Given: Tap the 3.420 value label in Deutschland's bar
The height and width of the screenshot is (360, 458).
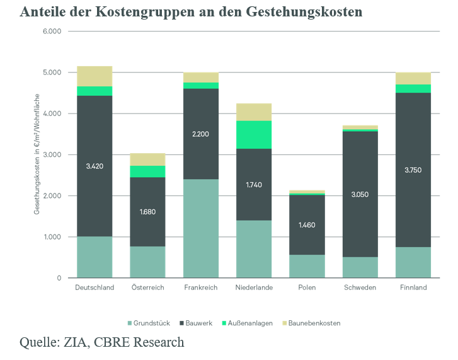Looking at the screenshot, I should pyautogui.click(x=94, y=166).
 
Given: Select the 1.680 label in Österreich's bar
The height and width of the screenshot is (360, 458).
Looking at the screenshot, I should pyautogui.click(x=148, y=212).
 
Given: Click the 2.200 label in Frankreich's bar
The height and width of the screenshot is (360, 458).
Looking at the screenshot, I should pyautogui.click(x=201, y=134).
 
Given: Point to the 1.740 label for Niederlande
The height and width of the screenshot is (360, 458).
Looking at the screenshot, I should pyautogui.click(x=254, y=185).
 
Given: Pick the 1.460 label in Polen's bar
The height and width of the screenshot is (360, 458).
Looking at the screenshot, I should pyautogui.click(x=307, y=225).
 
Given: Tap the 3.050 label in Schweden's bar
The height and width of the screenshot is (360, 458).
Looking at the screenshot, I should pyautogui.click(x=360, y=195).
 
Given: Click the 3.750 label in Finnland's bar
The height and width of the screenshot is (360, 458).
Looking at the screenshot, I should pyautogui.click(x=413, y=170).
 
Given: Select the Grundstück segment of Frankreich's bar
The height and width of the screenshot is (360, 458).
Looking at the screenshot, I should pyautogui.click(x=201, y=229).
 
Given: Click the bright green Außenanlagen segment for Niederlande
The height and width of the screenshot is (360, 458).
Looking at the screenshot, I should pyautogui.click(x=254, y=134).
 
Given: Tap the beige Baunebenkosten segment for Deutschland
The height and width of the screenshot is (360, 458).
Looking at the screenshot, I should pyautogui.click(x=94, y=76).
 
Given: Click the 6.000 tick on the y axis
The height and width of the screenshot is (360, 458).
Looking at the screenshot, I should pyautogui.click(x=52, y=32).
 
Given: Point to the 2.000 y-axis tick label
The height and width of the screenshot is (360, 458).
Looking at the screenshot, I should pyautogui.click(x=52, y=196).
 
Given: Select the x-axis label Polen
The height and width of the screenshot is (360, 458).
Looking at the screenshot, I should pyautogui.click(x=307, y=287).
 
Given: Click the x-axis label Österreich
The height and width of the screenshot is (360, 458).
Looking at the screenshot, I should pyautogui.click(x=148, y=287).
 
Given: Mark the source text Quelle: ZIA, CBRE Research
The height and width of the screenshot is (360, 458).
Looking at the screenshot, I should pyautogui.click(x=102, y=342).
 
